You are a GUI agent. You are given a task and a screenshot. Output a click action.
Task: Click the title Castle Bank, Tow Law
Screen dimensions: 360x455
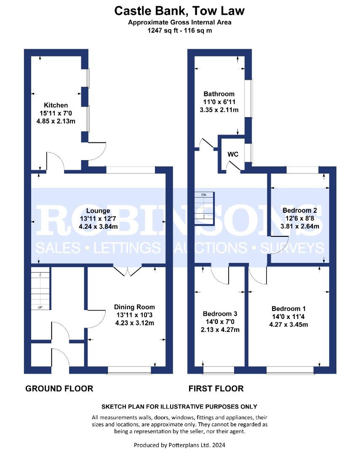point(179,11)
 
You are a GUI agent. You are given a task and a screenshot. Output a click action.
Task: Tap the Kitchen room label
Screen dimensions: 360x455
point(56,105)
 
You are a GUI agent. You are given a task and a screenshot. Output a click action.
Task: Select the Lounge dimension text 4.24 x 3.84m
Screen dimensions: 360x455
point(98,227)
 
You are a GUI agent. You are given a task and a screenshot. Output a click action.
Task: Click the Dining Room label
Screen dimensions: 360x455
point(134,307)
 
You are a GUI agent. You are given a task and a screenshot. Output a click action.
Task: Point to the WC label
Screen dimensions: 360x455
point(233,154)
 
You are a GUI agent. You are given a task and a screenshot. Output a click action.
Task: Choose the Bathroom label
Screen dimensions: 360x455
point(219,94)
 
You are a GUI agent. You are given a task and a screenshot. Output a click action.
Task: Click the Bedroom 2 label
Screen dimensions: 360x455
point(300,210)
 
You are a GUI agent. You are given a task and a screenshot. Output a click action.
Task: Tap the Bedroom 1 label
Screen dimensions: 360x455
point(288,308)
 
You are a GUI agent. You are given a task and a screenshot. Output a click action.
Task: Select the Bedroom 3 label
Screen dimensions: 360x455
point(220,314)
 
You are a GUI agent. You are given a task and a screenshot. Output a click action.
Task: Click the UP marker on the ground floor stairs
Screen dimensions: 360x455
point(40,307)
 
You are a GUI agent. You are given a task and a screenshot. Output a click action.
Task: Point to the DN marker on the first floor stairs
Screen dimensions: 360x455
point(204,195)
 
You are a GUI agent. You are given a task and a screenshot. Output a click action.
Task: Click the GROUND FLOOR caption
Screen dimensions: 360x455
point(59,388)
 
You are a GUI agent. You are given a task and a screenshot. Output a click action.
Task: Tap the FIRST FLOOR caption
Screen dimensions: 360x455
point(216,388)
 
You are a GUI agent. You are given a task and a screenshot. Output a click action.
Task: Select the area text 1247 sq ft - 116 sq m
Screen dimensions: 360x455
point(179,30)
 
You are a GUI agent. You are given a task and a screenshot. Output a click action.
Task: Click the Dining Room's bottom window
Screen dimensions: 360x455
point(129,370)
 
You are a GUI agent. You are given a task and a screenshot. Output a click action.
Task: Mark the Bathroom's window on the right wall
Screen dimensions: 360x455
point(248,98)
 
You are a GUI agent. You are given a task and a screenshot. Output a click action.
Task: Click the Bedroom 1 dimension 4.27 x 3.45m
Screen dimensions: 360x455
point(288,325)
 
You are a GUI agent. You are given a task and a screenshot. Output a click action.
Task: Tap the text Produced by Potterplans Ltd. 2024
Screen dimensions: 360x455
point(179,445)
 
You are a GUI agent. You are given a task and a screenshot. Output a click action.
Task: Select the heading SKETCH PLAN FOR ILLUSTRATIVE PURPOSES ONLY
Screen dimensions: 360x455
point(179,407)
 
